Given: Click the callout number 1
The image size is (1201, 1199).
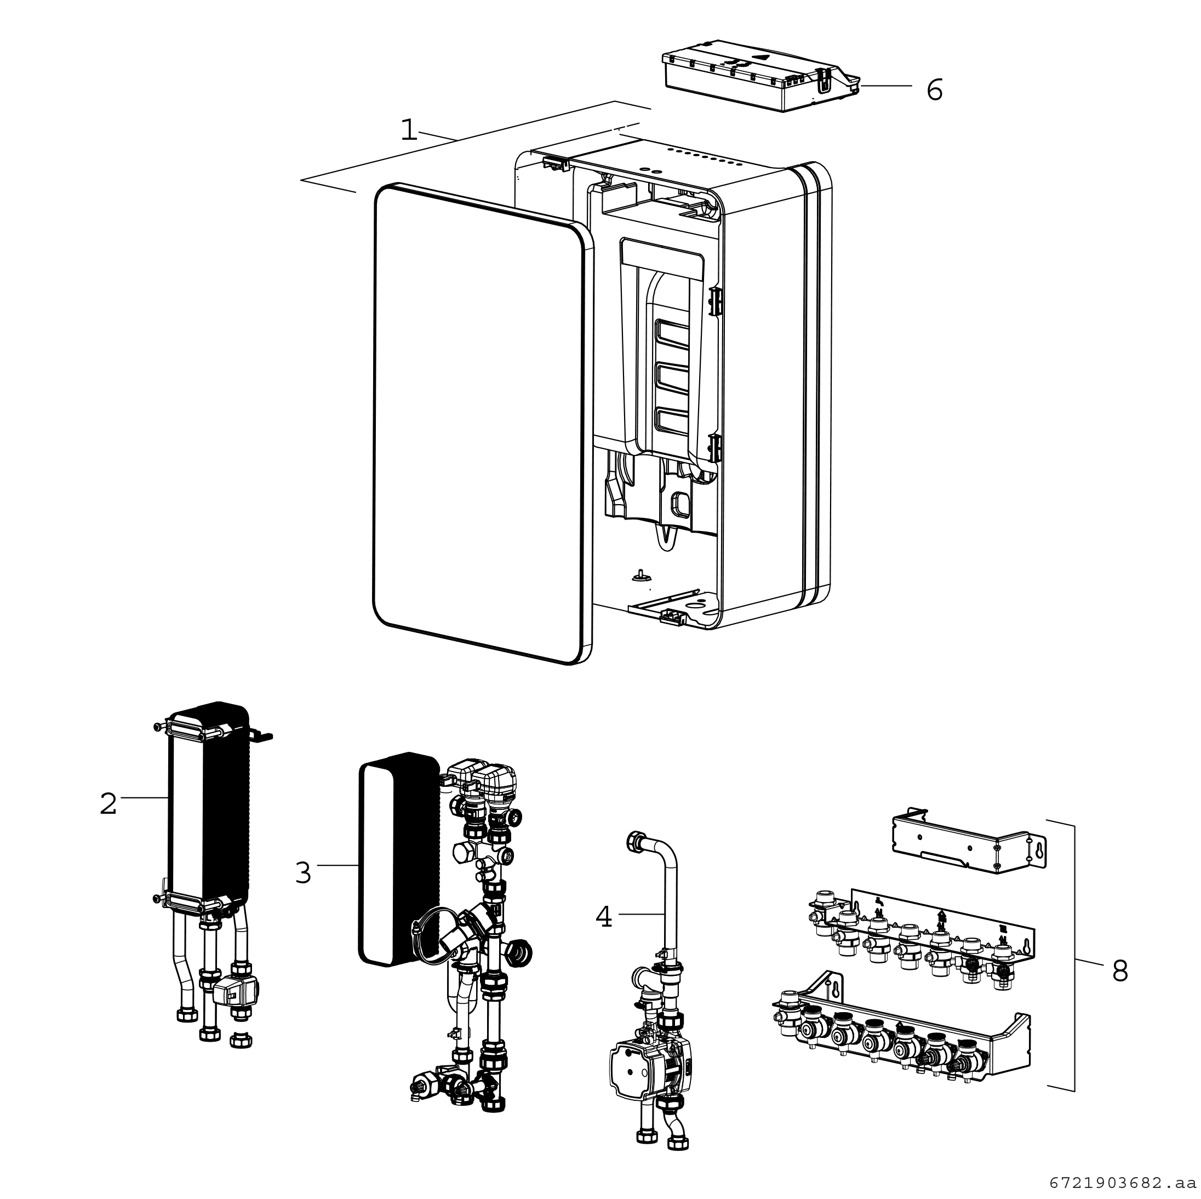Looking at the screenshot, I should (x=408, y=130).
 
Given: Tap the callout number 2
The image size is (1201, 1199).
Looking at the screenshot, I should (x=108, y=804).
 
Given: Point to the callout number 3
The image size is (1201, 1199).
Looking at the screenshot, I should (x=303, y=872).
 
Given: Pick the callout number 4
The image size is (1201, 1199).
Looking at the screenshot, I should (x=604, y=917).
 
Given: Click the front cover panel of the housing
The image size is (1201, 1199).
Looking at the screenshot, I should (x=479, y=423).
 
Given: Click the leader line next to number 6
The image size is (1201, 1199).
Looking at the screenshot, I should (x=886, y=86).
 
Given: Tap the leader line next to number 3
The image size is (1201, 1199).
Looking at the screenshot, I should (x=338, y=865).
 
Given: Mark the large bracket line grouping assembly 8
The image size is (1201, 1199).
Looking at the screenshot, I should (x=1073, y=958).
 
